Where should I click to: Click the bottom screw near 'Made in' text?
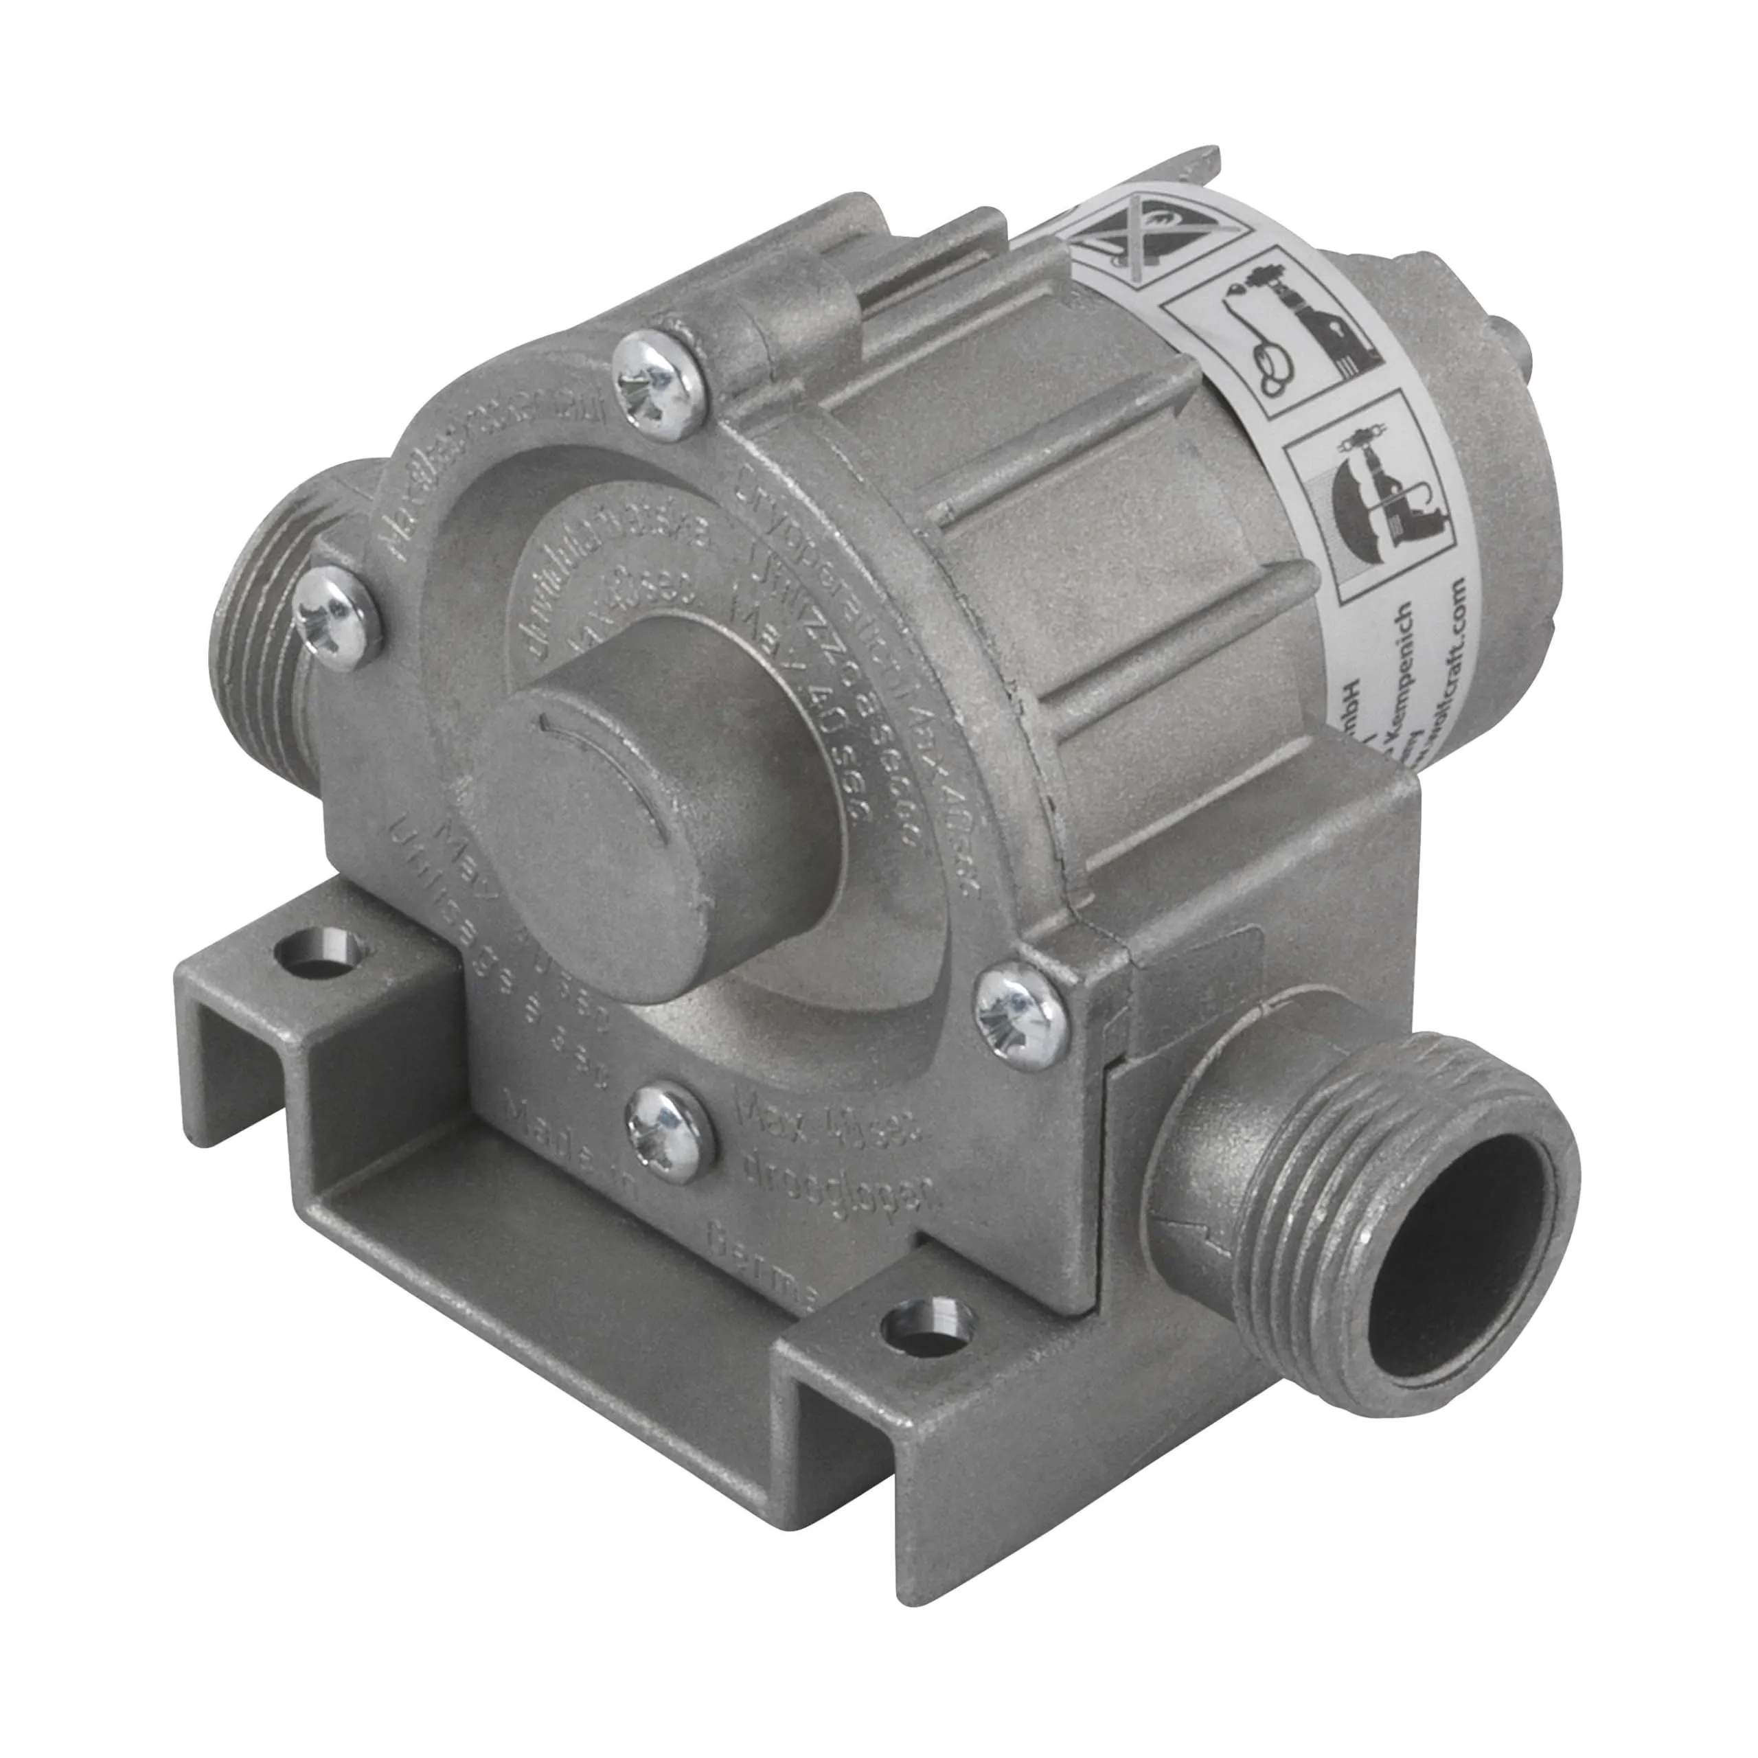(x=667, y=1131)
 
